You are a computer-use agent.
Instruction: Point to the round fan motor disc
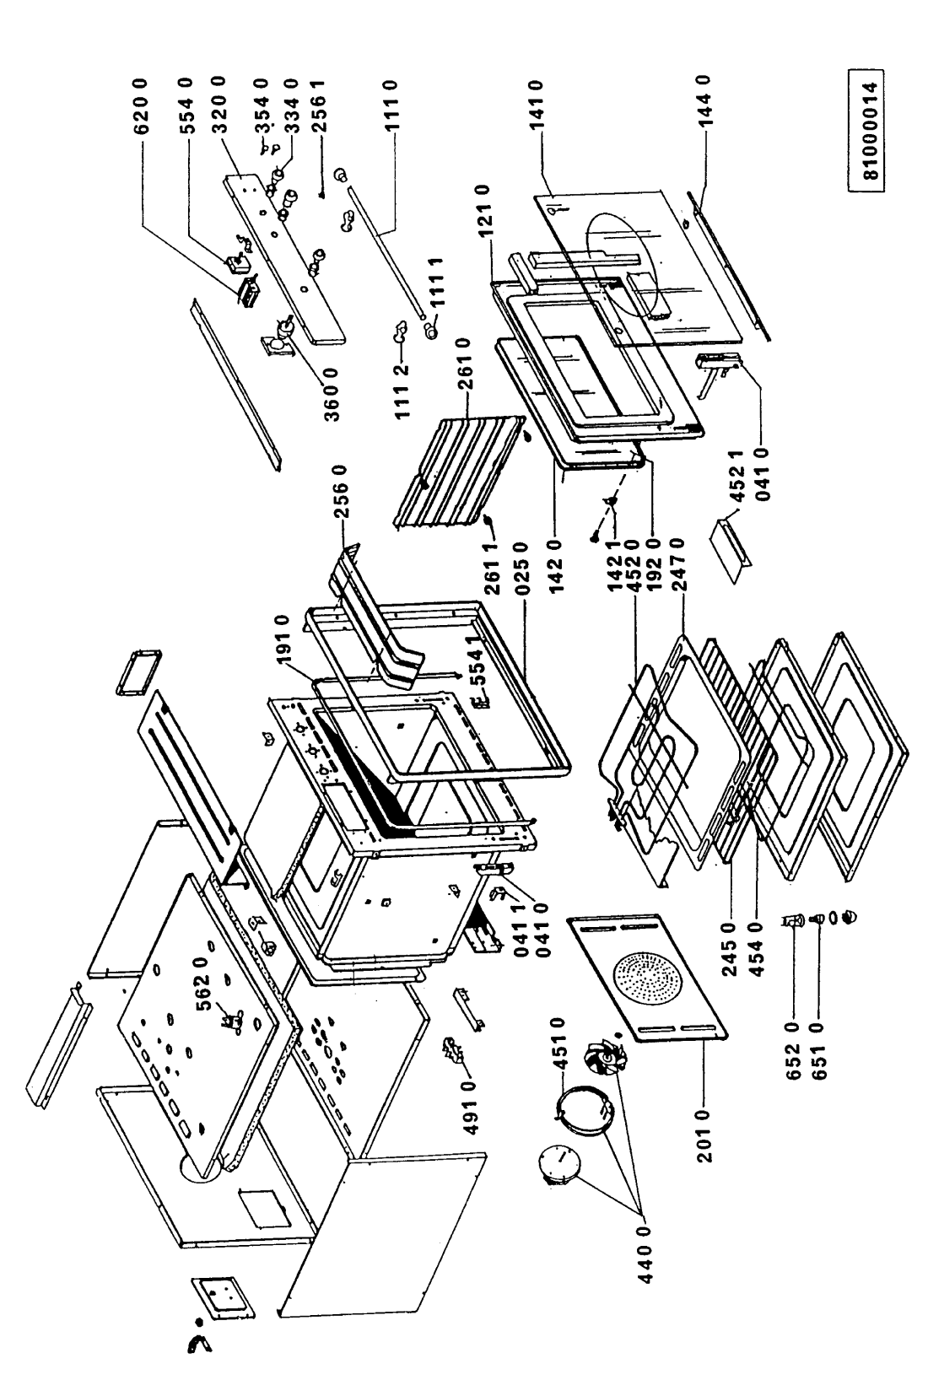pyautogui.click(x=558, y=1167)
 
